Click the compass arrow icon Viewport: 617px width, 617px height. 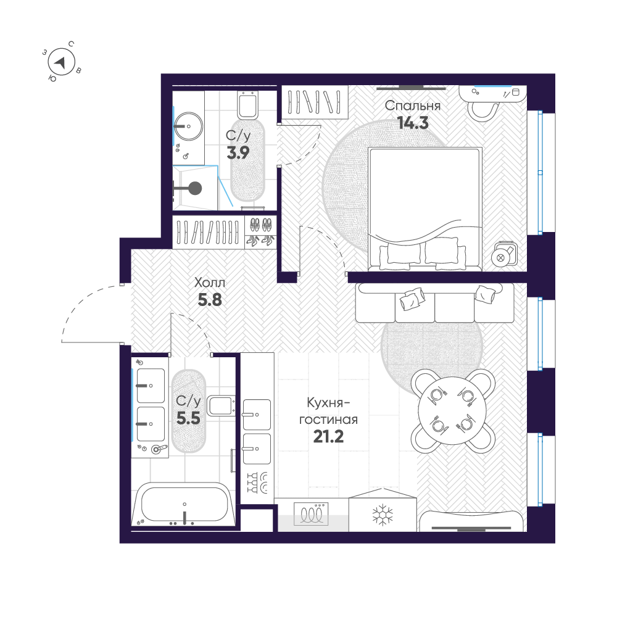tap(60, 62)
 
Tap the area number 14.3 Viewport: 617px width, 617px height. tap(413, 122)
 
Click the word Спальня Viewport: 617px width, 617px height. tap(412, 106)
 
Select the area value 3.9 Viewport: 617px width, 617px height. tap(238, 153)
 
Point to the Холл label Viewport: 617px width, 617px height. tap(210, 283)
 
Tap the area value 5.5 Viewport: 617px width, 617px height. tap(188, 419)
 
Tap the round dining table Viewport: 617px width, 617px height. tap(453, 408)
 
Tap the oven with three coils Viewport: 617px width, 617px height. tap(312, 513)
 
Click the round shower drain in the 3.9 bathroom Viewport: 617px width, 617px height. tap(195, 188)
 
